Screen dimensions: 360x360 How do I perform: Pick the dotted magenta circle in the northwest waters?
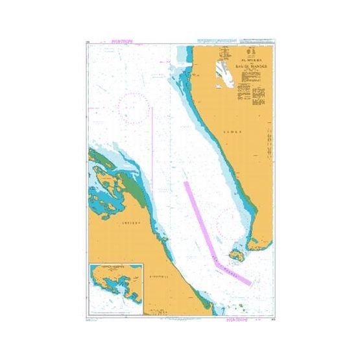(x=134, y=108)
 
